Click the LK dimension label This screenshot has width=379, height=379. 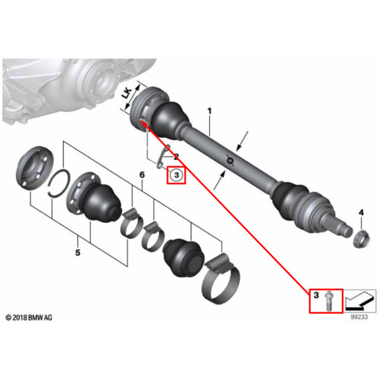pyautogui.click(x=127, y=93)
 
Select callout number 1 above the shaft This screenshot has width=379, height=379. pyautogui.click(x=209, y=111)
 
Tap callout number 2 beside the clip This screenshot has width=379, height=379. pyautogui.click(x=176, y=157)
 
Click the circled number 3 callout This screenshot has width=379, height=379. pyautogui.click(x=177, y=175)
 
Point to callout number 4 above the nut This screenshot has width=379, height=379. pyautogui.click(x=362, y=212)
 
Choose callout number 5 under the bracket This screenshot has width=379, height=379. pyautogui.click(x=78, y=252)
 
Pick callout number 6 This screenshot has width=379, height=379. pyautogui.click(x=143, y=174)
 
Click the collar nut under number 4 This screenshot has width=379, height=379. pyautogui.click(x=361, y=240)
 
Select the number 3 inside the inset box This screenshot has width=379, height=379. pyautogui.click(x=316, y=295)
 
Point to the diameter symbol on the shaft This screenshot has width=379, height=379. pyautogui.click(x=230, y=160)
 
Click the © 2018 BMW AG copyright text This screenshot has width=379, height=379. pyautogui.click(x=29, y=318)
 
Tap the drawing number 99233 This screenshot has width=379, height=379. pyautogui.click(x=359, y=317)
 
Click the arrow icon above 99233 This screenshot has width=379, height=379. pyautogui.click(x=361, y=301)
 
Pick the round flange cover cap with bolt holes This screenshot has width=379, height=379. pyautogui.click(x=35, y=168)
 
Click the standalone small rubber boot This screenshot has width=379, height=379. pyautogui.click(x=183, y=257)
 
